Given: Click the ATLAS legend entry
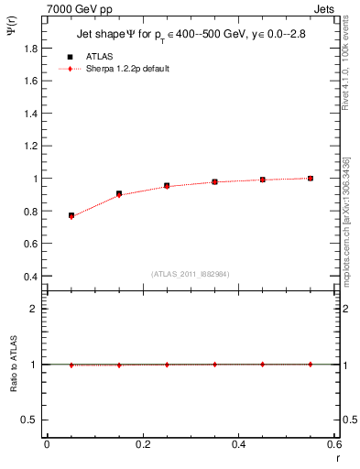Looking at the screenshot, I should (95, 56).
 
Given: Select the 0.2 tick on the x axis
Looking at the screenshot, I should (142, 445).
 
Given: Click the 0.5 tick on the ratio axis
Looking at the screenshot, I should (34, 420).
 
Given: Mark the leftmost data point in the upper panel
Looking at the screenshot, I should (71, 215).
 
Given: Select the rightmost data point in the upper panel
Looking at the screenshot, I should (311, 178).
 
